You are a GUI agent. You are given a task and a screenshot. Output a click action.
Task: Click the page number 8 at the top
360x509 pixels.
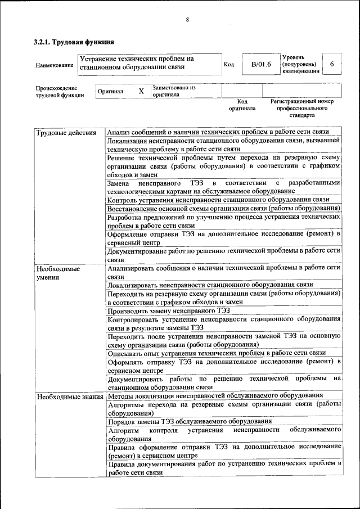point(187,20)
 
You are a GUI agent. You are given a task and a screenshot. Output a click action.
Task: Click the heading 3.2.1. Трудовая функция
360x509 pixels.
point(74,42)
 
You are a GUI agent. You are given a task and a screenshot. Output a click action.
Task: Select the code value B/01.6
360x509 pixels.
point(261,65)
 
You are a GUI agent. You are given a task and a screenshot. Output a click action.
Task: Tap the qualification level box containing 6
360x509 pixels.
point(332,65)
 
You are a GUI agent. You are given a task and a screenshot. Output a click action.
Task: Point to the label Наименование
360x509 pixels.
point(55,65)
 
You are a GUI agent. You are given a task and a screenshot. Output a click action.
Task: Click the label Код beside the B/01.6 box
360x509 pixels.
point(229,65)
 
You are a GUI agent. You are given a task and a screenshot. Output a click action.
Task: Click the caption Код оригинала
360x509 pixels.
point(242,105)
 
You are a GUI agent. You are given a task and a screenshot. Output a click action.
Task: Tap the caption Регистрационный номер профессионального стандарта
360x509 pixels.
point(301,108)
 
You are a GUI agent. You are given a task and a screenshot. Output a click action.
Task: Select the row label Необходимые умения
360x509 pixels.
point(58,273)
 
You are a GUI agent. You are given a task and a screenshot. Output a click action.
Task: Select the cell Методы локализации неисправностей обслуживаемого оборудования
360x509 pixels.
point(215,396)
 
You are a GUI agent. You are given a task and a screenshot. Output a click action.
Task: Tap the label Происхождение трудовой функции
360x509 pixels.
point(57,92)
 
